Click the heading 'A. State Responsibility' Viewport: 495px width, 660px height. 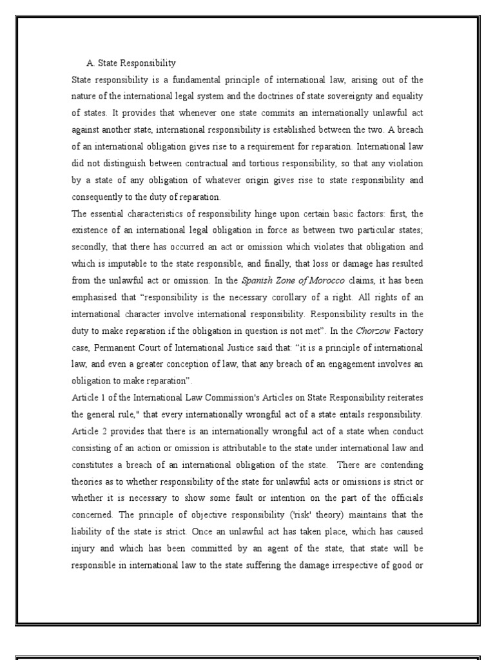coord(131,63)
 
